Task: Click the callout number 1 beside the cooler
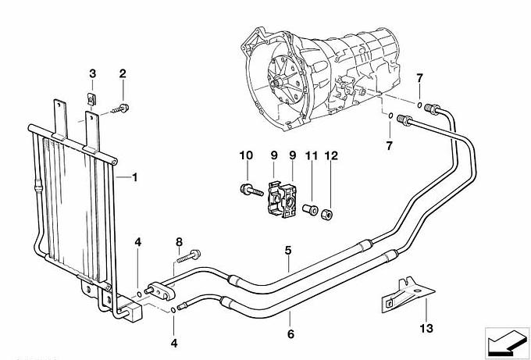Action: (x=134, y=178)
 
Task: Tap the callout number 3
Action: (x=93, y=73)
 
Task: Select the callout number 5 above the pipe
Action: (x=289, y=251)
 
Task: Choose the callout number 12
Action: (x=330, y=156)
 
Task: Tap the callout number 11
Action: (x=310, y=156)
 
